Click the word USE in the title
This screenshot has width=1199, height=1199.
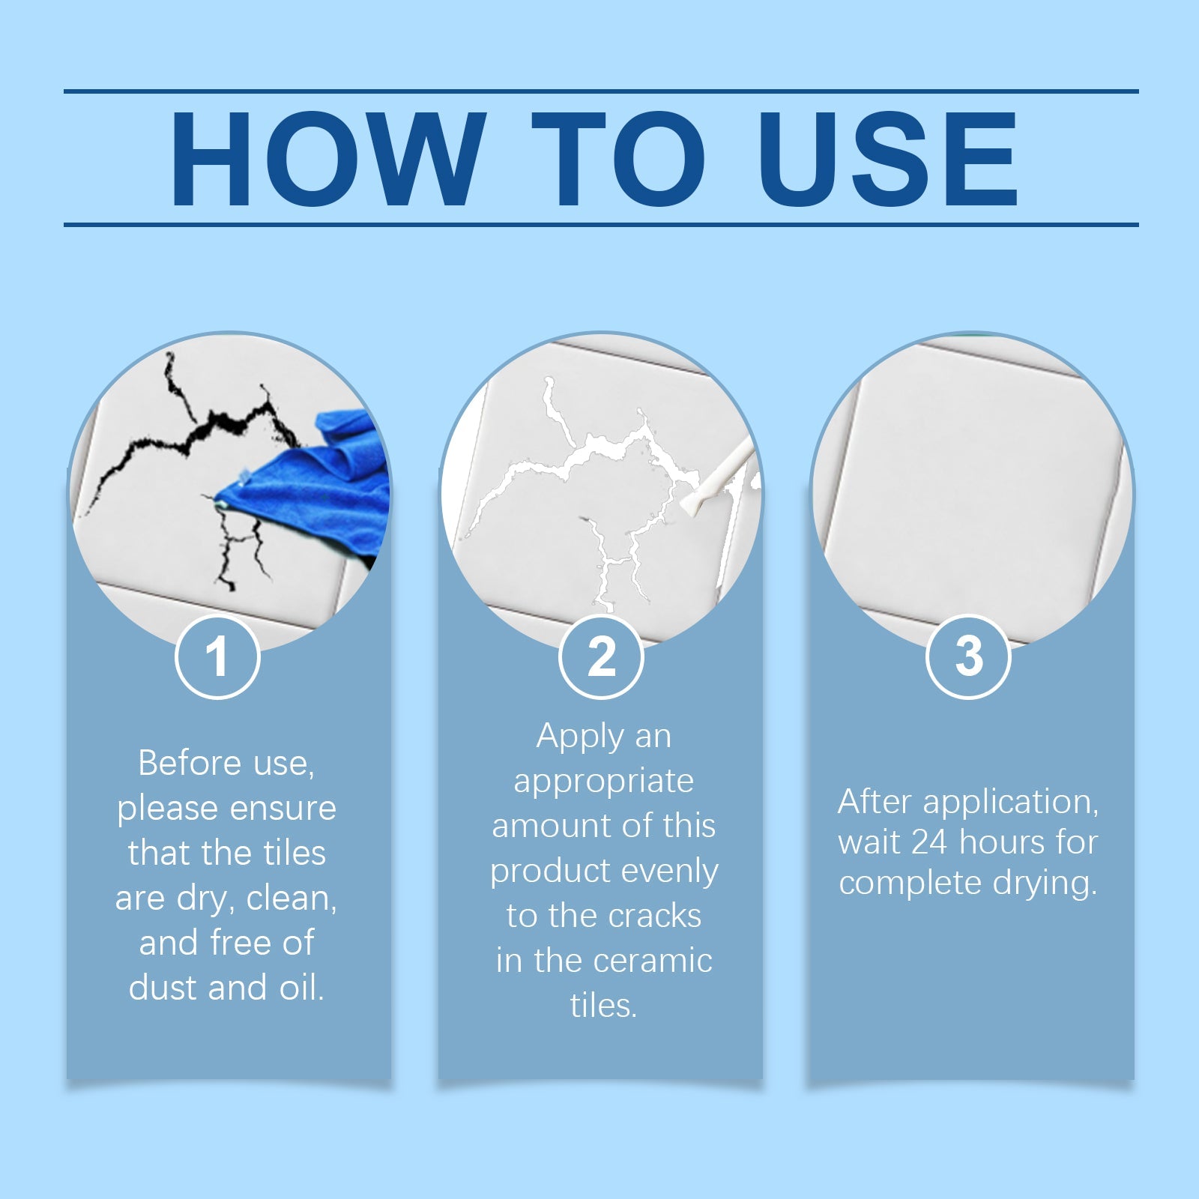888,159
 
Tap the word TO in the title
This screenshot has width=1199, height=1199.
618,159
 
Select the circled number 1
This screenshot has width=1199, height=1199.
217,656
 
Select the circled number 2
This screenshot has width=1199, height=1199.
601,656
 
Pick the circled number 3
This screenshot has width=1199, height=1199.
968,656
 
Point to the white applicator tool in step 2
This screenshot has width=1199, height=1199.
716,476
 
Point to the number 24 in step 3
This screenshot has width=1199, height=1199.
929,842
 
